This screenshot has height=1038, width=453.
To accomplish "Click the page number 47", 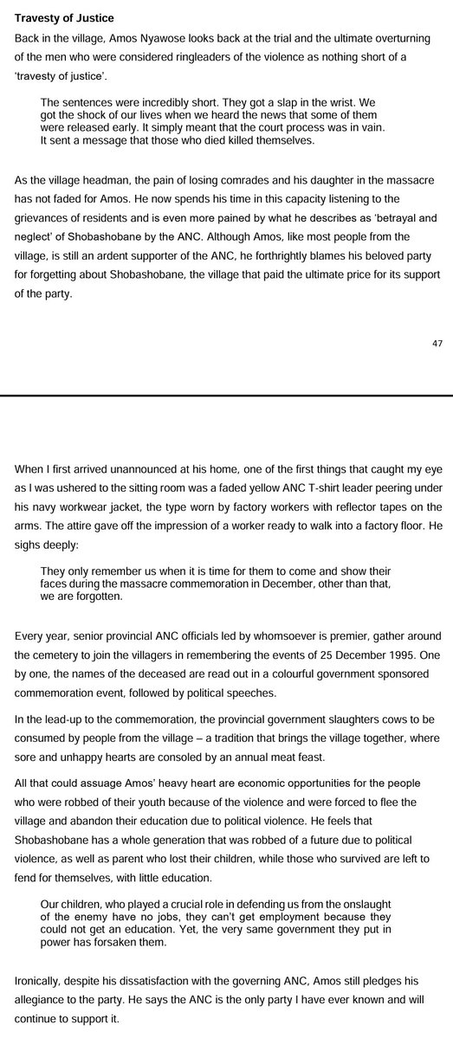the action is point(437,345).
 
